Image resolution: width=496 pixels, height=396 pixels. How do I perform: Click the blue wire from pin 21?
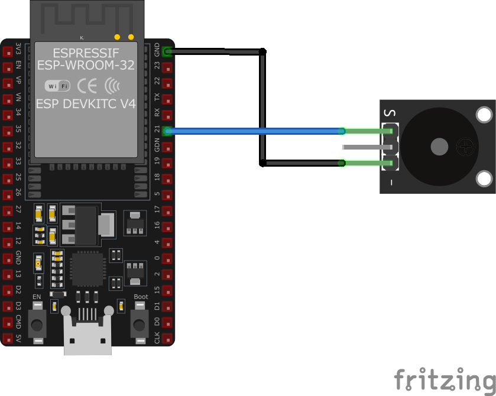click(254, 131)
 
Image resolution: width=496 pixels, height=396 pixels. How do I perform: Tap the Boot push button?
click(140, 324)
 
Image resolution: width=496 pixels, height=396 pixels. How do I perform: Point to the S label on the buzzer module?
click(389, 113)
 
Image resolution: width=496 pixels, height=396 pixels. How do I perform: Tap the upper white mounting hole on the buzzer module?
click(484, 115)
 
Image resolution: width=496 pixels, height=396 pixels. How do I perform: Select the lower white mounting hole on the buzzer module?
click(484, 177)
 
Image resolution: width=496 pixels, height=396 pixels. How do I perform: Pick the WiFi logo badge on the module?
click(58, 86)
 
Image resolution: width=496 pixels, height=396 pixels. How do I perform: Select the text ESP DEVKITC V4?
click(86, 103)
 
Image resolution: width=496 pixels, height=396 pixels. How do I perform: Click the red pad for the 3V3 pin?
click(8, 51)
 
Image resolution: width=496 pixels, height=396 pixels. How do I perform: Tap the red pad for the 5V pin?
click(8, 339)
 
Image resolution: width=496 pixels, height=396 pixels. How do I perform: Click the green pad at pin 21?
click(167, 131)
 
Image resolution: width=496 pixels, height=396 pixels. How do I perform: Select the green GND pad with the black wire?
click(167, 51)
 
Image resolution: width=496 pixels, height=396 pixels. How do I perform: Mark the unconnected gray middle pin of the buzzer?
click(367, 146)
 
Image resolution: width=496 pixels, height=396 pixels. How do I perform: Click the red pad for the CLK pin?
click(167, 339)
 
